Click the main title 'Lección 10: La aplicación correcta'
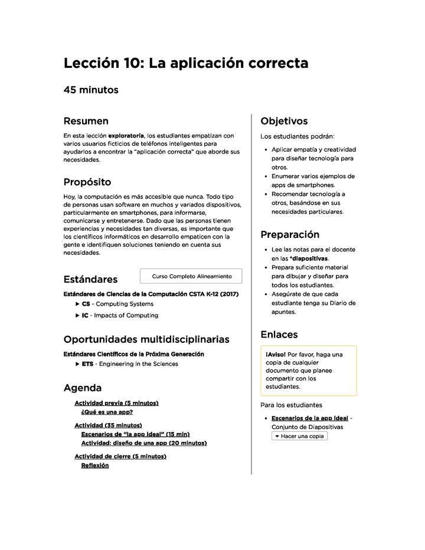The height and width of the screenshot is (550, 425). [185, 63]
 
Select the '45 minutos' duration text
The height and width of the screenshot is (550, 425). [91, 90]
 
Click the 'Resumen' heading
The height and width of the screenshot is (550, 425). [86, 121]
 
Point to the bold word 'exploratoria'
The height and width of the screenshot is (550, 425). [126, 136]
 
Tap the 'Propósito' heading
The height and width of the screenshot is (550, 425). [87, 182]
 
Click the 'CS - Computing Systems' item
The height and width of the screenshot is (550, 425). [117, 304]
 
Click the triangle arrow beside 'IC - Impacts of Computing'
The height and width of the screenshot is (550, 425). [77, 315]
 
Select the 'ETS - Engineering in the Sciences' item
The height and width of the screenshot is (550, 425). [129, 364]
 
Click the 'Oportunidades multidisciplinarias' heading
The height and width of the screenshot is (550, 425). [146, 339]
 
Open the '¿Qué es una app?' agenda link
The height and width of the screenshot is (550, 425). [107, 412]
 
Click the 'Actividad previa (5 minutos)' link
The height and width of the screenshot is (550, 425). [116, 403]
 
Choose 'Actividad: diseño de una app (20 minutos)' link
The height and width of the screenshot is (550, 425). [143, 443]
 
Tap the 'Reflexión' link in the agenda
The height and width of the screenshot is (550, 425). [95, 465]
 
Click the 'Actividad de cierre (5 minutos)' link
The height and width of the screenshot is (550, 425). [120, 456]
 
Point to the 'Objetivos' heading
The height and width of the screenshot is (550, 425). [284, 121]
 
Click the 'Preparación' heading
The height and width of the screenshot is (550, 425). [290, 234]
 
